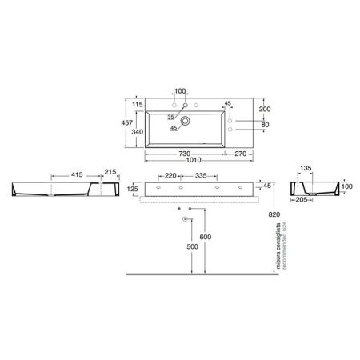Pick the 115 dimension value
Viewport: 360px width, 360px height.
click(138, 103)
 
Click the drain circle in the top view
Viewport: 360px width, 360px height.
click(186, 122)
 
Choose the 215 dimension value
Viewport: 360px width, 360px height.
click(110, 173)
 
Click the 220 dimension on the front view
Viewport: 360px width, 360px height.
click(170, 174)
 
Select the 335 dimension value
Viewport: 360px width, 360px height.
click(202, 174)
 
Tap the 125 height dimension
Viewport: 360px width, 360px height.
click(134, 190)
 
